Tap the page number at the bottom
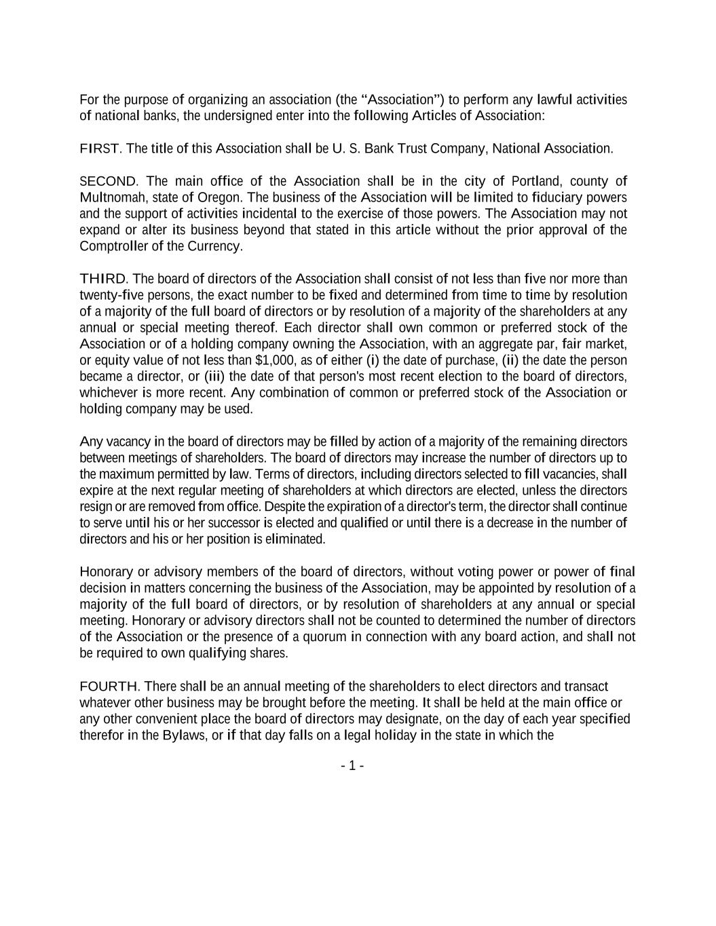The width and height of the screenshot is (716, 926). [x=352, y=767]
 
